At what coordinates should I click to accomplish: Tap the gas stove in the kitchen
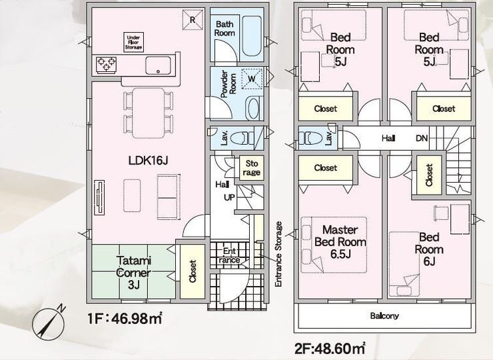[107, 65]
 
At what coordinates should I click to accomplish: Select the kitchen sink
[158, 65]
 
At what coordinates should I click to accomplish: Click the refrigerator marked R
[193, 19]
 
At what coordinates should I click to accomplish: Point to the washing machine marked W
[252, 79]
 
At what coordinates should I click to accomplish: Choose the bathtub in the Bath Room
[252, 36]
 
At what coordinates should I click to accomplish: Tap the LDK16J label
[148, 161]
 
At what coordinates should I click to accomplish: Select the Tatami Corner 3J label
[134, 273]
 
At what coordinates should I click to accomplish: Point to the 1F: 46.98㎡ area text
[125, 319]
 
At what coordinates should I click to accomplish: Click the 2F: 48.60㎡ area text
[330, 349]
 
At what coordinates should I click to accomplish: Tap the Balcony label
[384, 315]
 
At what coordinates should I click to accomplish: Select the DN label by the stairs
[422, 138]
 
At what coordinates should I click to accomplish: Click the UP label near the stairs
[229, 197]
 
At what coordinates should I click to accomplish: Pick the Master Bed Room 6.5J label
[340, 242]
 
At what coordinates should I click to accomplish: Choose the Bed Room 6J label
[429, 249]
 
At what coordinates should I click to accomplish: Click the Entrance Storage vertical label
[278, 254]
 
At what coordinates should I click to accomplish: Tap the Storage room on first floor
[252, 168]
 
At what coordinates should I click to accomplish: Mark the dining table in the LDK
[148, 113]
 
